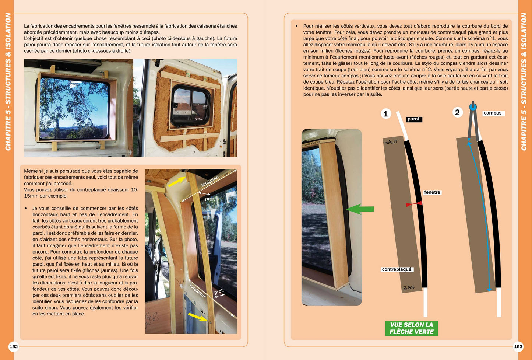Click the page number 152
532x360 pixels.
(x=14, y=346)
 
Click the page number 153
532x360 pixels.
(x=518, y=346)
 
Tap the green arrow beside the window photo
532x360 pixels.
(x=360, y=209)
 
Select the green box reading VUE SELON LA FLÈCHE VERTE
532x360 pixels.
(x=411, y=328)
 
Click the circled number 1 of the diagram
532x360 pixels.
(x=386, y=113)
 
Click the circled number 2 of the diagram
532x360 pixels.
(x=458, y=112)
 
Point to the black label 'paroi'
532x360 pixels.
(x=414, y=119)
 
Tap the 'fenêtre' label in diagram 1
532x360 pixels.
(x=432, y=192)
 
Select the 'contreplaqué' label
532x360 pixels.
(x=397, y=269)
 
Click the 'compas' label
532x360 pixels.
(x=493, y=113)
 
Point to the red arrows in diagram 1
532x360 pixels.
(x=414, y=204)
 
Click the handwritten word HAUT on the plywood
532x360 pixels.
(x=391, y=142)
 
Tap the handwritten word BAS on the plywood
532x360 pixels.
(x=409, y=288)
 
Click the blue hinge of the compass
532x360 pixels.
(x=473, y=107)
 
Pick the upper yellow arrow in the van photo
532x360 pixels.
(x=177, y=182)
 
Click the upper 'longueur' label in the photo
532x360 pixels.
(x=210, y=181)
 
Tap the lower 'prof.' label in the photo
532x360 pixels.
(x=219, y=291)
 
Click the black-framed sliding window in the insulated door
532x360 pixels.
(x=190, y=106)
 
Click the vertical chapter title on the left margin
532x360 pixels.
(x=8, y=81)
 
